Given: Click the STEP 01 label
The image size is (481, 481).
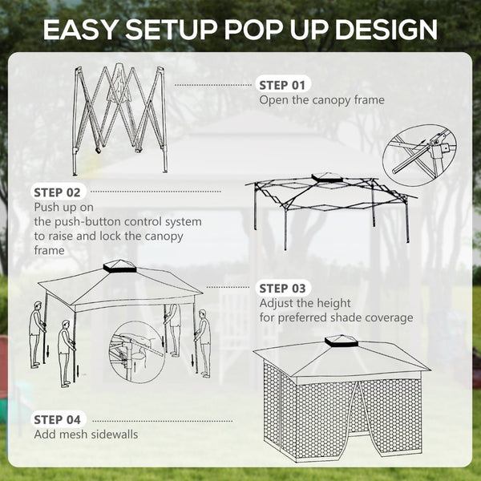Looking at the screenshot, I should [283, 84].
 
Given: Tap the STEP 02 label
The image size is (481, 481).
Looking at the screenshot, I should [58, 192].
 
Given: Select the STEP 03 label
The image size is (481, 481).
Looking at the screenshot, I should [284, 288].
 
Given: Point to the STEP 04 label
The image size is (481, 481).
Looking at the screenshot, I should [58, 419].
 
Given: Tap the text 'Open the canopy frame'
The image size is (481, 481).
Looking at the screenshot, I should [321, 100].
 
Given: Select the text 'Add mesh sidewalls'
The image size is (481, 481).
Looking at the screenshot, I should [86, 435].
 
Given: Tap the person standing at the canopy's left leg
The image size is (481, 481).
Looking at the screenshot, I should [37, 333].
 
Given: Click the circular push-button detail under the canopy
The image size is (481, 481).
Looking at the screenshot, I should [137, 350].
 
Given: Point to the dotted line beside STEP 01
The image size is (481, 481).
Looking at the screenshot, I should [212, 84].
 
